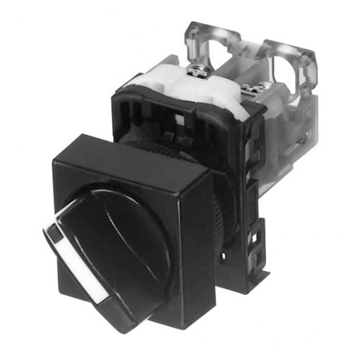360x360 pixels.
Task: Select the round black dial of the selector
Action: pos(137,239)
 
